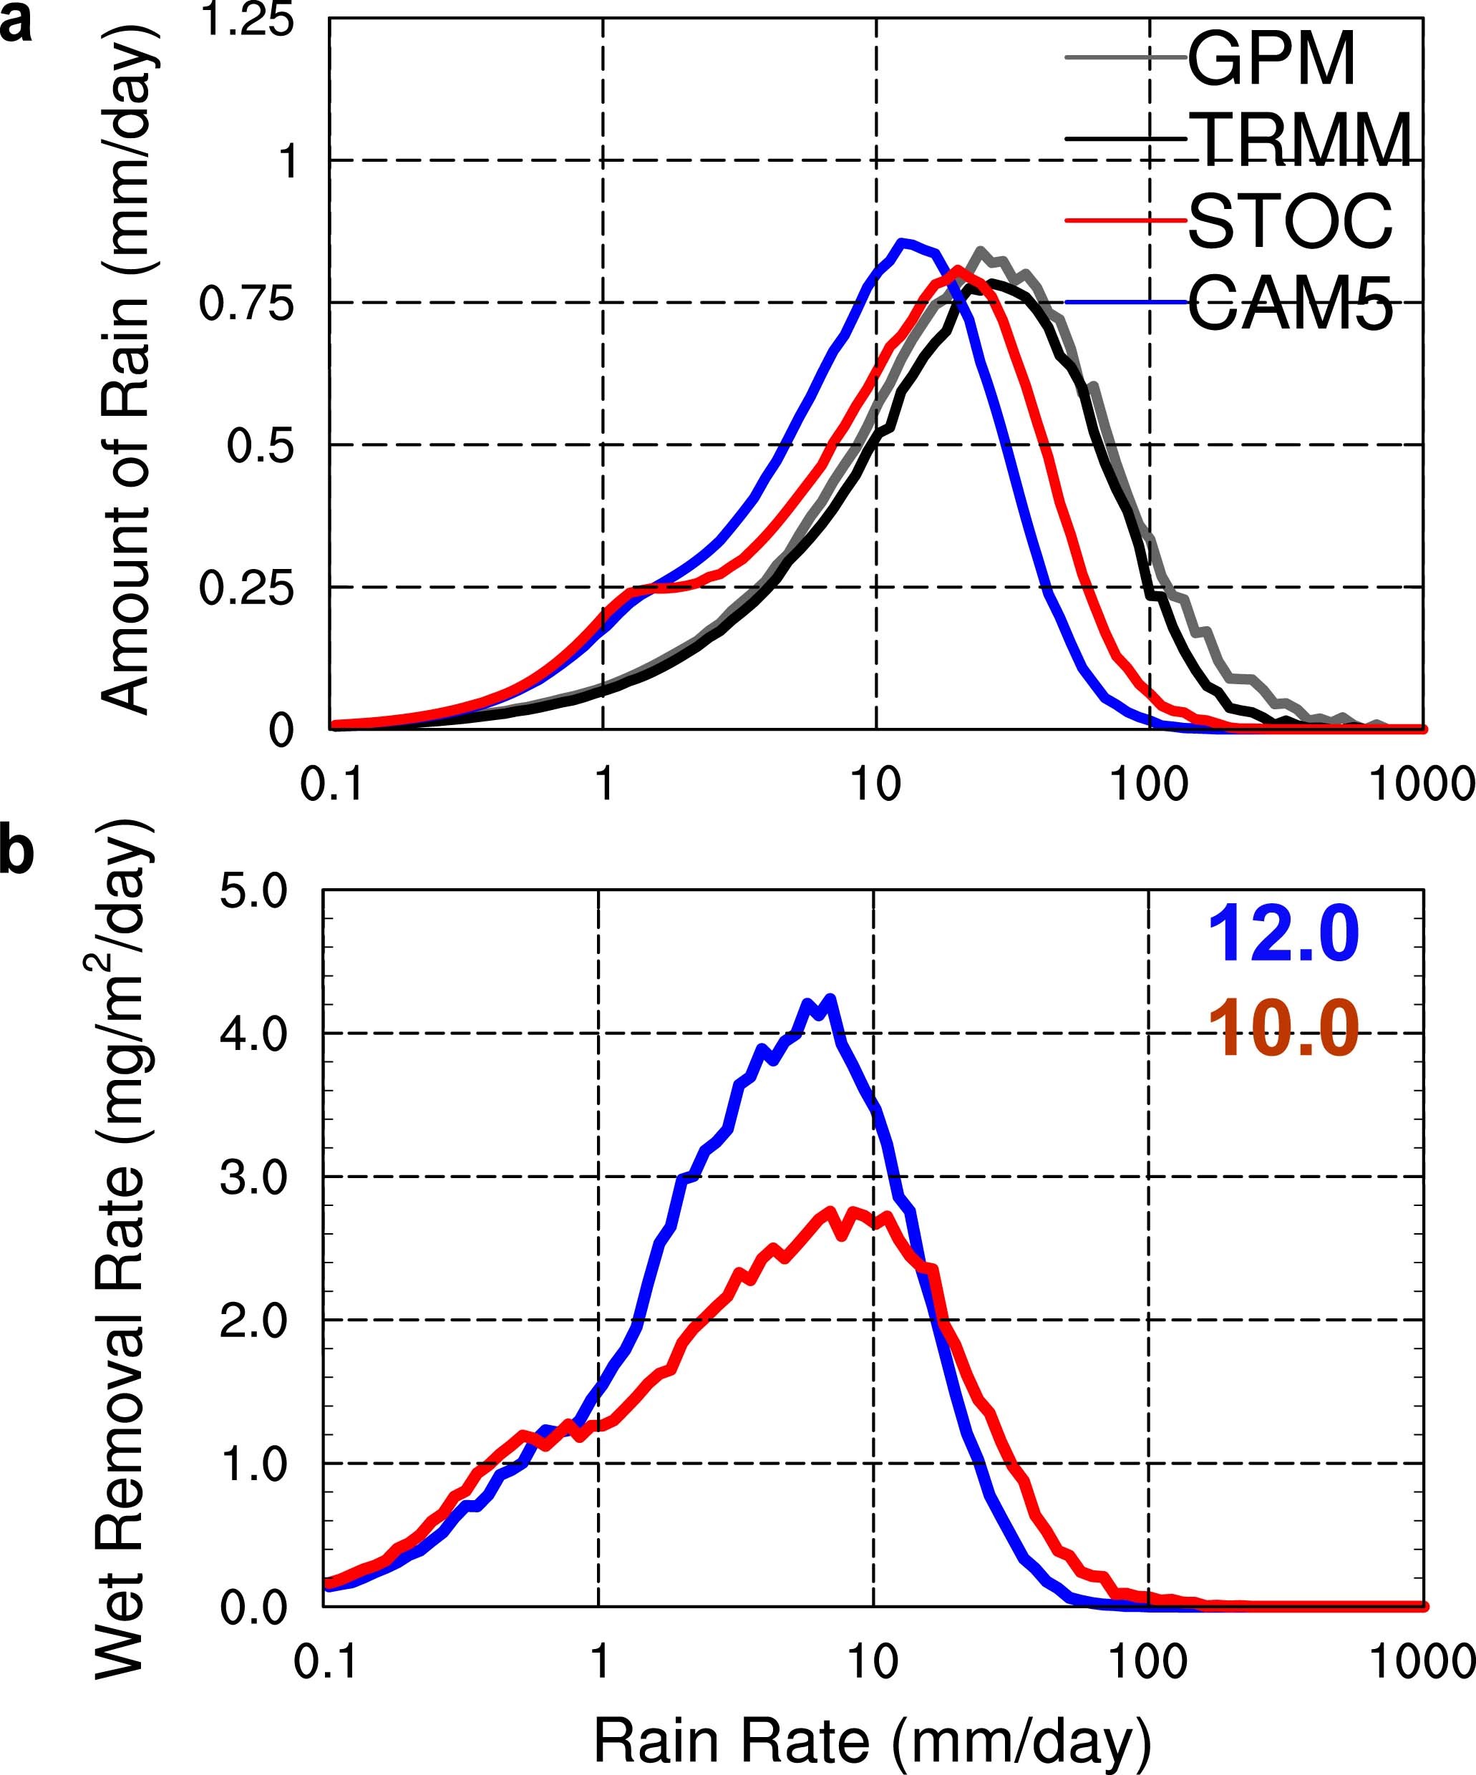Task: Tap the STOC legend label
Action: (1290, 221)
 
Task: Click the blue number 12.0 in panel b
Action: (1283, 934)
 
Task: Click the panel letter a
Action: (15, 24)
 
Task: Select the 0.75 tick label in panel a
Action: (246, 303)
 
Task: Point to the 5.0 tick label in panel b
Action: (253, 892)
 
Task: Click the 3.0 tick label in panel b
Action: (253, 1177)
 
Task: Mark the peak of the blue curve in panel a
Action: (903, 243)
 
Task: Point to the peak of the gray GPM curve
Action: (979, 251)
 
